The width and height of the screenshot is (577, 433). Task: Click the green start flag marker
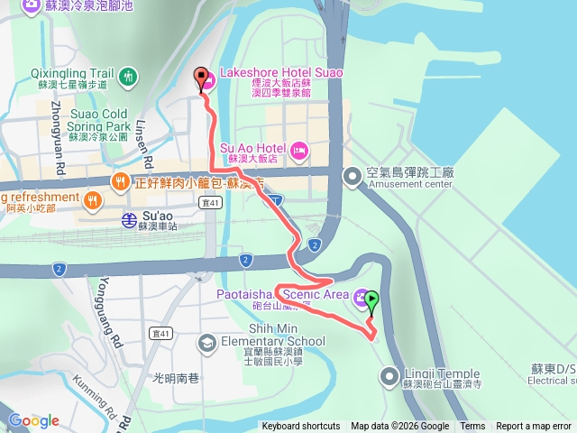coord(371,304)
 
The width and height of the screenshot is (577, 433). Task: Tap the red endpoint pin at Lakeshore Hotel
coord(200,79)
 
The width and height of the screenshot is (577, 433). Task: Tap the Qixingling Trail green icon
coord(129,74)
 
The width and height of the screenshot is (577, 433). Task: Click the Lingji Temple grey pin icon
coord(389,374)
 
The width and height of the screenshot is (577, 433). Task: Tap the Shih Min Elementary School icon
coord(207,343)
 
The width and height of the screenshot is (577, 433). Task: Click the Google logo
coord(34,420)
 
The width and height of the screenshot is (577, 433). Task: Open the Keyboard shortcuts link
coord(301,427)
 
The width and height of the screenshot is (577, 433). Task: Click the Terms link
coord(472,427)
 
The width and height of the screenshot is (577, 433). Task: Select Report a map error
coord(533,427)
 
